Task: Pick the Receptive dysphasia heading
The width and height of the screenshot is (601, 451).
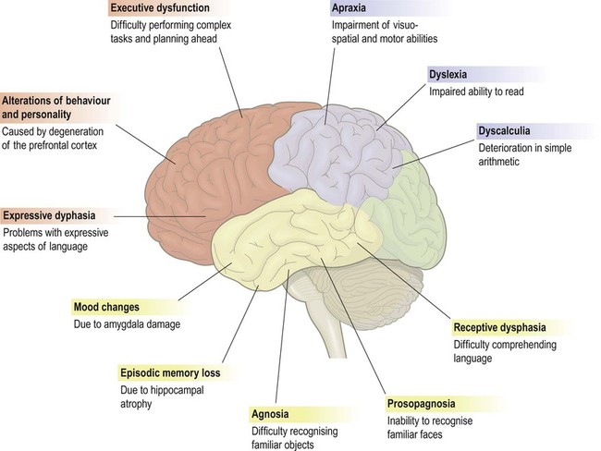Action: [498, 328]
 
